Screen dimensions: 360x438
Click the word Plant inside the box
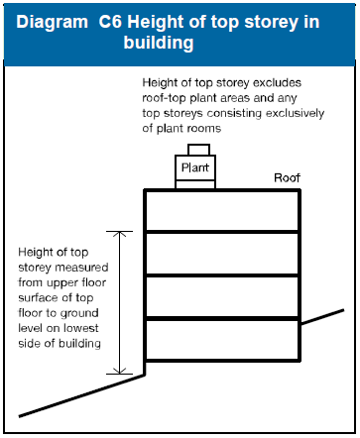click(194, 169)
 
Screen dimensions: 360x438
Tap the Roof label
click(287, 178)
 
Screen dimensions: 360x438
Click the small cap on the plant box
click(198, 150)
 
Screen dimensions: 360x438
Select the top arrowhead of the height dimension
click(120, 235)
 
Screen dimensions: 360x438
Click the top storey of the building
click(222, 210)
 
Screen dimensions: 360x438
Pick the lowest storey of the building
click(222, 339)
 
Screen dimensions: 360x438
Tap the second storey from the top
click(222, 254)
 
